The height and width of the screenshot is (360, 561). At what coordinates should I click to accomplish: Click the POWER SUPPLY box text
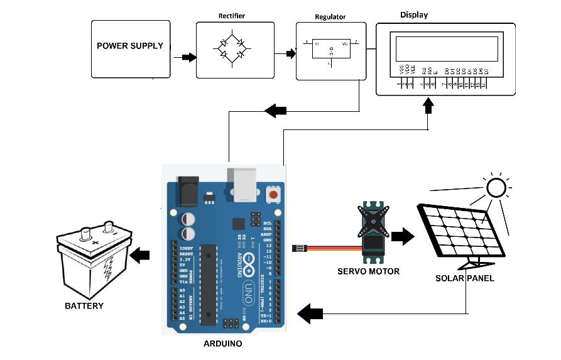(130, 46)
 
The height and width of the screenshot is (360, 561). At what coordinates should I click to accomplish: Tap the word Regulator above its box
(330, 18)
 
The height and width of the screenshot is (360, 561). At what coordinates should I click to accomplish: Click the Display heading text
(413, 14)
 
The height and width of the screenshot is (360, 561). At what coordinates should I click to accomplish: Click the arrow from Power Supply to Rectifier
(185, 57)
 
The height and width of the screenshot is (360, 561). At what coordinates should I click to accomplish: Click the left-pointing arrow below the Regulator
(275, 111)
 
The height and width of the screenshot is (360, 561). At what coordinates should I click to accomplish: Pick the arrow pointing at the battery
(140, 255)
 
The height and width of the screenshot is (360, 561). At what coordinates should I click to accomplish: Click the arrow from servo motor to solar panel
(403, 237)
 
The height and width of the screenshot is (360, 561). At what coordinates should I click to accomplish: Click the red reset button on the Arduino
(273, 195)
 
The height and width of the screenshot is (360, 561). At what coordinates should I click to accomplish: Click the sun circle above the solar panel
(496, 187)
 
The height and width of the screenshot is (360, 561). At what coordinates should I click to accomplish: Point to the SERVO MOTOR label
(368, 271)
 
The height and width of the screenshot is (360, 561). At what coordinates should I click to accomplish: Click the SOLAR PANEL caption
(465, 278)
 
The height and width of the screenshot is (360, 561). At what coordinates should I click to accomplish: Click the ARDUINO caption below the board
(222, 344)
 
